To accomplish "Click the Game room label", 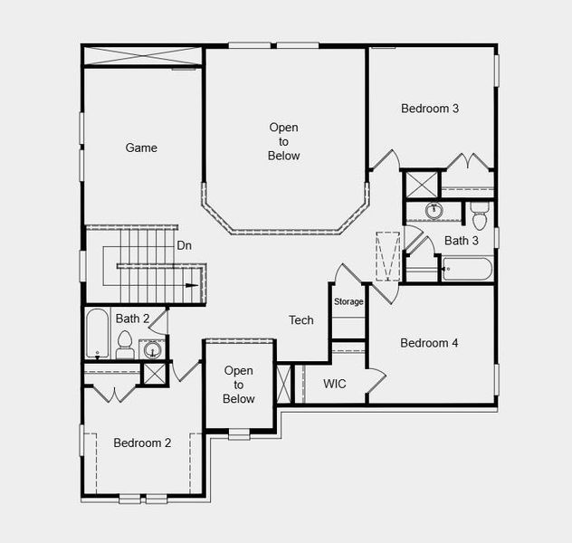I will [x=141, y=148].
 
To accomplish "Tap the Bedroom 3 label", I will [x=430, y=109].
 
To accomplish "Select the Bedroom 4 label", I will [x=429, y=343].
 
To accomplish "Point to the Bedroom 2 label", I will [x=142, y=443].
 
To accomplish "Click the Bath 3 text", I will [x=462, y=241].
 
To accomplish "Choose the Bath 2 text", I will [x=132, y=319].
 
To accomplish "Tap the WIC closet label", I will [x=335, y=384].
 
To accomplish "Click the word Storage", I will [x=348, y=301].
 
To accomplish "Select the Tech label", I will [x=301, y=320].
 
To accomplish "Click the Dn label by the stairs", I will [x=185, y=245].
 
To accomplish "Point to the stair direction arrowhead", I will [x=192, y=286].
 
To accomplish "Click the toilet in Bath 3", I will [x=480, y=215].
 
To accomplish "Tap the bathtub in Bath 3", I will [x=466, y=269].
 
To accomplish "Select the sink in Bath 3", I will [x=434, y=212].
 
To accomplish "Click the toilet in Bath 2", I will [x=125, y=345].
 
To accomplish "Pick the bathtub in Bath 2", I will [x=97, y=333].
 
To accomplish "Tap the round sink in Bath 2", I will [x=152, y=350].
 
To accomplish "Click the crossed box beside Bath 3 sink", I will [x=421, y=184].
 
